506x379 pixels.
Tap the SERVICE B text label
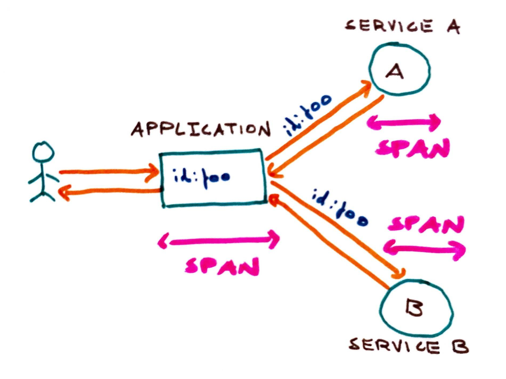408,346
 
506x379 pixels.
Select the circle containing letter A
400,69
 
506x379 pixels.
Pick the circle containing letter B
416,308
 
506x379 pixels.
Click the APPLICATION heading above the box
200,130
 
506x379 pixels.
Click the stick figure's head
43,152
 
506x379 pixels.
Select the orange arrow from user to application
107,172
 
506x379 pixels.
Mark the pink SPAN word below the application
222,266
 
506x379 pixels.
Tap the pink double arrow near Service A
404,123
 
